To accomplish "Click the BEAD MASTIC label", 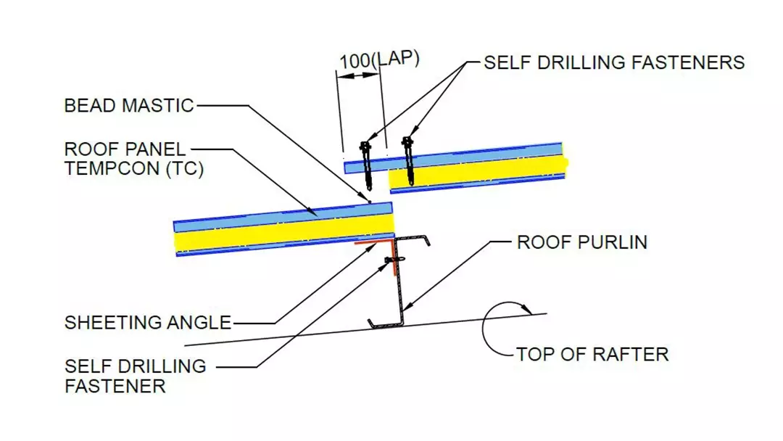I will pyautogui.click(x=129, y=106).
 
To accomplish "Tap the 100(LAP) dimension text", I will pyautogui.click(x=379, y=60).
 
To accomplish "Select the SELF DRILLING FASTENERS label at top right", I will pyautogui.click(x=614, y=62).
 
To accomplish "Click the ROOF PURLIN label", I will pyautogui.click(x=581, y=242).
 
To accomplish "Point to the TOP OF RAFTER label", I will pyautogui.click(x=592, y=355).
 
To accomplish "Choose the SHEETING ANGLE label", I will pyautogui.click(x=148, y=322).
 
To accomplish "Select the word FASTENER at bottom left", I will pyautogui.click(x=115, y=385).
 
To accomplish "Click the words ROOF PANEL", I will pyautogui.click(x=125, y=150).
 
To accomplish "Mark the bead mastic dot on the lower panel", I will pyautogui.click(x=370, y=201).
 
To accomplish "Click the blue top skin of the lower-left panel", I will pyautogui.click(x=283, y=215).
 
